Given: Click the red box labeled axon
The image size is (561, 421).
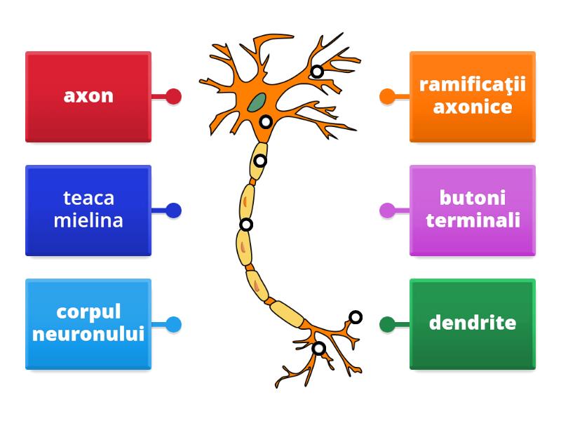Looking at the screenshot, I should pyautogui.click(x=88, y=97).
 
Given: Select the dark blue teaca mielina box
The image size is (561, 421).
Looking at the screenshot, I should pyautogui.click(x=88, y=210).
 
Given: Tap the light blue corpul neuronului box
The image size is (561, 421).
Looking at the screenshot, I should pyautogui.click(x=88, y=324).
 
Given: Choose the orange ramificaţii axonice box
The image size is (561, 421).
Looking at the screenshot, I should pyautogui.click(x=473, y=97).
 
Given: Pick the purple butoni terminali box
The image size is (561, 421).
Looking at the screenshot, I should pyautogui.click(x=473, y=210).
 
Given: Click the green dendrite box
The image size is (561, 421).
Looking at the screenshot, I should pyautogui.click(x=473, y=324).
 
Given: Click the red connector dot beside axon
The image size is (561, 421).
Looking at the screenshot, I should pyautogui.click(x=173, y=97).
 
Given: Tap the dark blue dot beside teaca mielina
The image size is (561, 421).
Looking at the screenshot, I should pyautogui.click(x=173, y=210).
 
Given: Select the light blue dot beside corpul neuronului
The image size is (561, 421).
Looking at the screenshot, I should pyautogui.click(x=173, y=324).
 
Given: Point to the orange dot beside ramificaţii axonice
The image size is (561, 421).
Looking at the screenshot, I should pyautogui.click(x=387, y=97).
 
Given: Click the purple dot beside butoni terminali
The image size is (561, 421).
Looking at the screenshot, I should pyautogui.click(x=387, y=210).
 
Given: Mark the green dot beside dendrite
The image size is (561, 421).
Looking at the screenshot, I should pyautogui.click(x=387, y=324).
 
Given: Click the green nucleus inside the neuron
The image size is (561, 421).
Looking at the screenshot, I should pyautogui.click(x=257, y=102).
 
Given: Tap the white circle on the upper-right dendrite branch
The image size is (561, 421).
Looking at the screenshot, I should pyautogui.click(x=317, y=72).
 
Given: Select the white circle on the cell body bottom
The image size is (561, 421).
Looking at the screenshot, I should pyautogui.click(x=266, y=121).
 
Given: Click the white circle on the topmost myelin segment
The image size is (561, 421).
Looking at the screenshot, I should pyautogui.click(x=259, y=161).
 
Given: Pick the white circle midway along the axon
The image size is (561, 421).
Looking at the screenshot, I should pyautogui.click(x=246, y=225).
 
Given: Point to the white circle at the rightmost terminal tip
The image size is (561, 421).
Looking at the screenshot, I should pyautogui.click(x=356, y=317).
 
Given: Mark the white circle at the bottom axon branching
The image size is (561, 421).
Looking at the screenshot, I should pyautogui.click(x=319, y=348).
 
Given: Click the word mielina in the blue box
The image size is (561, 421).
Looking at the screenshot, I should pyautogui.click(x=88, y=221).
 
